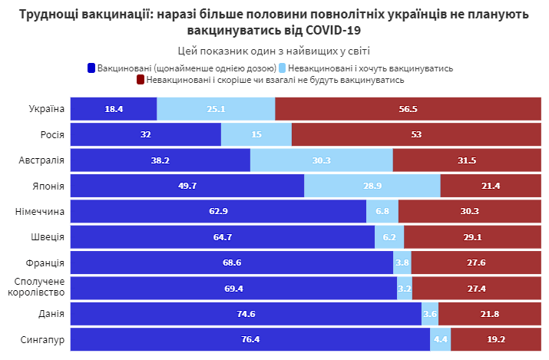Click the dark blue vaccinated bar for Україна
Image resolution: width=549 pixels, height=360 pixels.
point(114,109)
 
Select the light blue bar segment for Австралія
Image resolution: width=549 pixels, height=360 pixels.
point(321,160)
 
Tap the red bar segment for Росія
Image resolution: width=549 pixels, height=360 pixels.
point(415,134)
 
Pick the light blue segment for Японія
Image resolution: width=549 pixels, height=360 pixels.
point(372,186)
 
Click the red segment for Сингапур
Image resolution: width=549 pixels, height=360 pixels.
point(495,339)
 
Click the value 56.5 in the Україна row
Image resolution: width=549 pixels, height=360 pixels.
point(408,109)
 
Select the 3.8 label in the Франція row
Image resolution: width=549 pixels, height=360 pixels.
point(402,263)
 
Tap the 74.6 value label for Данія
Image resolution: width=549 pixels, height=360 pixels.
point(246,314)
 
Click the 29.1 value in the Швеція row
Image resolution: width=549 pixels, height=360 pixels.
point(472,237)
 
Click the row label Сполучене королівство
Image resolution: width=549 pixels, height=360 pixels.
point(40,288)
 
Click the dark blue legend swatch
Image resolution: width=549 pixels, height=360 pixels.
point(91,68)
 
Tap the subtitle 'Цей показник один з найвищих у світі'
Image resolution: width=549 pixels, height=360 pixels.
point(274,51)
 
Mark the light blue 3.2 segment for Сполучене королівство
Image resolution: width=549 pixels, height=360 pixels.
point(405,288)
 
